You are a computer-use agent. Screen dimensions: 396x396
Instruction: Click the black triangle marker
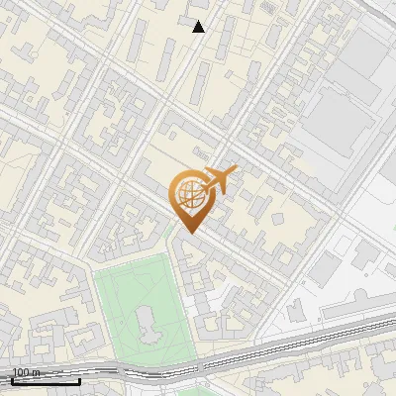[x=199, y=27]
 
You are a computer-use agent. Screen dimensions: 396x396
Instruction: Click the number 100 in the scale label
[x=20, y=373]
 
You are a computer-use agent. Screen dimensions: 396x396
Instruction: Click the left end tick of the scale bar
[x=12, y=380]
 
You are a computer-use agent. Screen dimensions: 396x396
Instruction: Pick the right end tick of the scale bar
[x=80, y=380]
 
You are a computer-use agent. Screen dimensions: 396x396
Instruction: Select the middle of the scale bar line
[x=46, y=382]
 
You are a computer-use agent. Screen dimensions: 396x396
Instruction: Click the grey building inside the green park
[x=147, y=321]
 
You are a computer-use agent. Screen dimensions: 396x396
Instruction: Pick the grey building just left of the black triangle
[x=187, y=21]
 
